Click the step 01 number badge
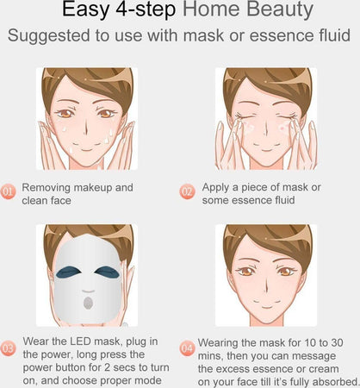(8, 192)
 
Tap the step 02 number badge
(187, 191)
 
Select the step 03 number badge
(8, 348)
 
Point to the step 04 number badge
(187, 348)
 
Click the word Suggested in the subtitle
(48, 36)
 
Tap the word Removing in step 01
(46, 188)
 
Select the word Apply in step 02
(215, 188)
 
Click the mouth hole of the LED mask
(88, 303)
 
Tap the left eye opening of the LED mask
(68, 272)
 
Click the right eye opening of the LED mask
(107, 272)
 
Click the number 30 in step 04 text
(337, 343)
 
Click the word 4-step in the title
(146, 10)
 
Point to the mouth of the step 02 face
(267, 148)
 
